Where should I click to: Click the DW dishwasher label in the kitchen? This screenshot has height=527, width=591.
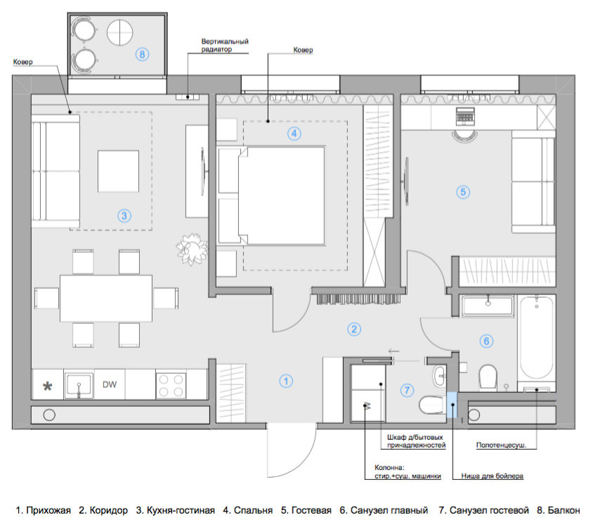(110, 384)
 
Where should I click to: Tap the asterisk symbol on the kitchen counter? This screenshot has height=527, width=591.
(48, 386)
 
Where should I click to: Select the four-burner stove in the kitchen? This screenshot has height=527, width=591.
(171, 385)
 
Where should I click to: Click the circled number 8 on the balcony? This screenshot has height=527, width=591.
(142, 54)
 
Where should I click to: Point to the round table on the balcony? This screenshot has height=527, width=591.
(120, 32)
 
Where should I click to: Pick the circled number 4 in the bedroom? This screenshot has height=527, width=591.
(294, 134)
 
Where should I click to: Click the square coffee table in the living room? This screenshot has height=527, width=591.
(118, 171)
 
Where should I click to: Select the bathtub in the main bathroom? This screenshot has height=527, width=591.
(537, 337)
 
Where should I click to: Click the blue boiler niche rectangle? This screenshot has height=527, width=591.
(452, 405)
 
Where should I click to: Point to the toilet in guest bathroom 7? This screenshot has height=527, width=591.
(433, 405)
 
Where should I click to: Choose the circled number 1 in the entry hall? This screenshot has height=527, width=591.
(286, 381)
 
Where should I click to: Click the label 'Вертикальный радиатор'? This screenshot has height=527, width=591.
(225, 45)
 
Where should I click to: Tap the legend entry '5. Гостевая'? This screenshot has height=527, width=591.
(306, 510)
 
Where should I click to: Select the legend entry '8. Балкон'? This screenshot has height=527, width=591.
(559, 510)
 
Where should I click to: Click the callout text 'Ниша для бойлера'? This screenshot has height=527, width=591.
(492, 476)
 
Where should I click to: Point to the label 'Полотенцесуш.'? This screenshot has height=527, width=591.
(501, 445)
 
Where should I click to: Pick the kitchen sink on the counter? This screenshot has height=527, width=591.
(79, 385)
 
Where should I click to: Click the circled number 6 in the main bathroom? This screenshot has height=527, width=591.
(486, 341)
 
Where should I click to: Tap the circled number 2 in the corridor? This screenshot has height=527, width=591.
(354, 329)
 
